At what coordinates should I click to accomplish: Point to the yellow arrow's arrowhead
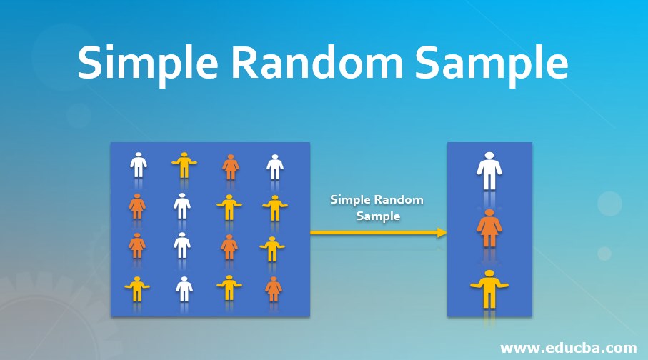click(442, 232)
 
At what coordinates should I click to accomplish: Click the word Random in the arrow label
click(399, 200)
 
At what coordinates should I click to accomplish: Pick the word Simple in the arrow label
click(351, 200)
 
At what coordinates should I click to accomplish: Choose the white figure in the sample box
click(489, 171)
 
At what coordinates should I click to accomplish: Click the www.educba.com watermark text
click(568, 348)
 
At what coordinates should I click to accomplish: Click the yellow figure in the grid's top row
click(184, 165)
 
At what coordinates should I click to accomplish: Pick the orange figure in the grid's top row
click(230, 166)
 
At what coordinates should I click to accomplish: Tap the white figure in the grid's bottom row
click(184, 288)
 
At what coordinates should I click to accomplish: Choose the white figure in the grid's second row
click(182, 206)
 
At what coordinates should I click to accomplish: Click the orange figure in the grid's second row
click(137, 206)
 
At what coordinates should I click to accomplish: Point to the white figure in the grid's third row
click(182, 246)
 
